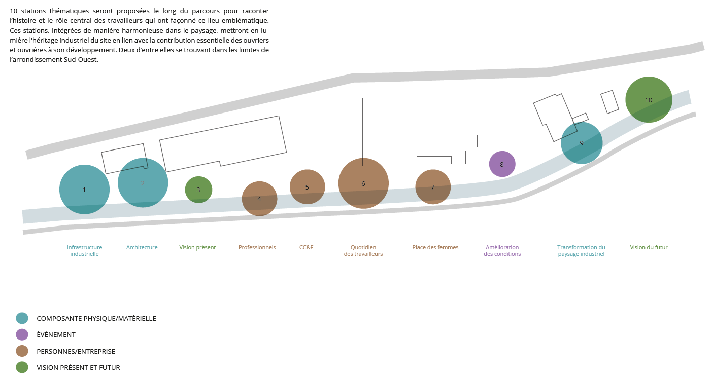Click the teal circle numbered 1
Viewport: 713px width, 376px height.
(x=84, y=190)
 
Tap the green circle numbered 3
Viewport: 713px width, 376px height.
(x=198, y=190)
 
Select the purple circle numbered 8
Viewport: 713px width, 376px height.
(x=502, y=164)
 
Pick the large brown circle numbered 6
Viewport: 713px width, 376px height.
(x=363, y=183)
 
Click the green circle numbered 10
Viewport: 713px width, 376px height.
(x=649, y=100)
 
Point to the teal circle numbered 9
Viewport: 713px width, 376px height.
(x=582, y=143)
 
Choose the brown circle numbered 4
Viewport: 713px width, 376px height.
(x=259, y=199)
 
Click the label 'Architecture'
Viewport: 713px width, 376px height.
(x=142, y=247)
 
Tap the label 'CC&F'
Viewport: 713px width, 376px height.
(x=306, y=247)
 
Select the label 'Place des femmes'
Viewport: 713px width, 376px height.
(x=435, y=247)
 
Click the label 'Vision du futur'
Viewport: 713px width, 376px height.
(x=649, y=247)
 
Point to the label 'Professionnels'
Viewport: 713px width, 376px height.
(x=257, y=247)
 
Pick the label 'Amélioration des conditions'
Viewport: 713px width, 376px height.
(x=502, y=250)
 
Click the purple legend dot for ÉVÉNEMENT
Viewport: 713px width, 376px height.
(x=22, y=334)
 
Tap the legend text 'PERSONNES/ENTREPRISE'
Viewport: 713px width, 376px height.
(x=76, y=351)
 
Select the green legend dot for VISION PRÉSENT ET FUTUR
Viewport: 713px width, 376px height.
(x=22, y=367)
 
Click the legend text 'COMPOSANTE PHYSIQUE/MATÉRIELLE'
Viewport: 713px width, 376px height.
(x=96, y=318)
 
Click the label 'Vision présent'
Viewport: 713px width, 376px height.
(x=197, y=247)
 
